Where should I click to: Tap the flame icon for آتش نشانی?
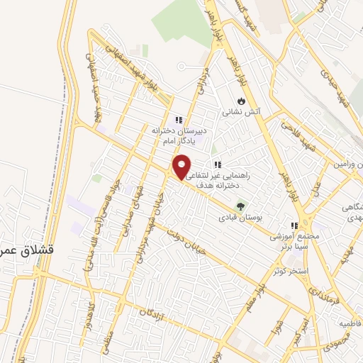(242, 100)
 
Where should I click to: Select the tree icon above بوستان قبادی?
(240, 207)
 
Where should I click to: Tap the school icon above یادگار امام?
(179, 120)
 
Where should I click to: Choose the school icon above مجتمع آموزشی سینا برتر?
(295, 225)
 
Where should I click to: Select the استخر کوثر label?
(289, 270)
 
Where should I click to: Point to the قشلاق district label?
(18, 251)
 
